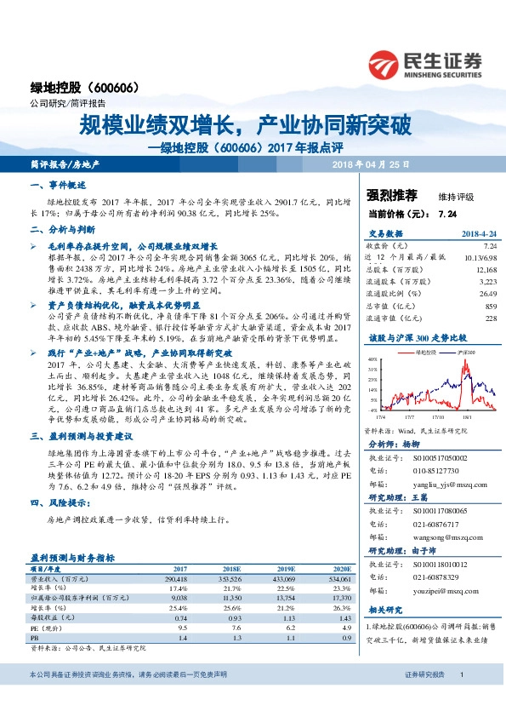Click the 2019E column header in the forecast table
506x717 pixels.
[x=281, y=568]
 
